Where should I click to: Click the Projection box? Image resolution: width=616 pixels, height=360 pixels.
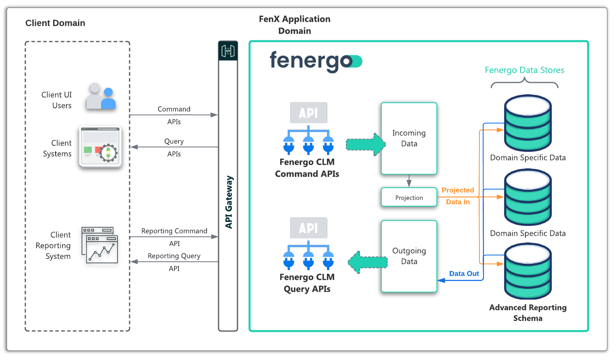click(409, 197)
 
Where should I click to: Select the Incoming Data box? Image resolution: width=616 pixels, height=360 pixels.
click(409, 138)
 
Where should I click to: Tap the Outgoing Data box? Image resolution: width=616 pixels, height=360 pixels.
click(409, 256)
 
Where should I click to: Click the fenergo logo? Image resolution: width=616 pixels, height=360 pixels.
click(316, 62)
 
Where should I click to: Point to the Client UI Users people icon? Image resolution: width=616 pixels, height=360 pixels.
click(101, 97)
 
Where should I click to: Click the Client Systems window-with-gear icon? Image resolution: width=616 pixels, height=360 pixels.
click(100, 147)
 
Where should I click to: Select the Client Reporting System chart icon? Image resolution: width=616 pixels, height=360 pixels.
click(100, 245)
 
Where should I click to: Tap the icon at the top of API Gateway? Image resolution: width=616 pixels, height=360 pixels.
click(228, 51)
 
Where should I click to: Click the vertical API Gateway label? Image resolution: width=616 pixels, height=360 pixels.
click(229, 202)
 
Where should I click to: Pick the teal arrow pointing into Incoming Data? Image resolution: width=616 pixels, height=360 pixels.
click(366, 145)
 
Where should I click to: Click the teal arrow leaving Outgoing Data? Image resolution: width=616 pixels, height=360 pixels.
click(367, 262)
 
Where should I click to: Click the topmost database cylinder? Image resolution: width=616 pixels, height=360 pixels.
click(528, 123)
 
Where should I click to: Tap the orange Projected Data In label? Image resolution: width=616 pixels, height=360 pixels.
click(458, 196)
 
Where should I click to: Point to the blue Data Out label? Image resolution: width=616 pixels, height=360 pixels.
click(464, 273)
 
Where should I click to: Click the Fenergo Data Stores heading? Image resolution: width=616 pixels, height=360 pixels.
click(524, 70)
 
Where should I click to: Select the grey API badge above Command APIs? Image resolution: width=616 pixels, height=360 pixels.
click(308, 113)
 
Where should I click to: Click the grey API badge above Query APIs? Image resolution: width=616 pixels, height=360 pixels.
click(308, 228)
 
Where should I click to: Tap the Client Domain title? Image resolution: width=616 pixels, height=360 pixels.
click(55, 23)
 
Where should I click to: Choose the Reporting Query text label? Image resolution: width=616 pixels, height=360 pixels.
click(174, 256)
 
